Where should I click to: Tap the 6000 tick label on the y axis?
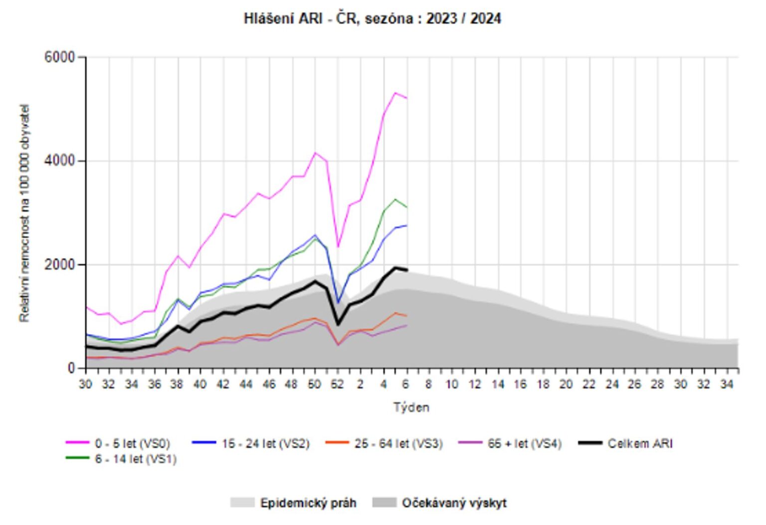click(x=59, y=57)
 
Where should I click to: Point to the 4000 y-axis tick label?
click(x=59, y=161)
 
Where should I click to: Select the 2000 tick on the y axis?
click(x=59, y=264)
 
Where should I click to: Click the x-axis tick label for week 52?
click(x=338, y=384)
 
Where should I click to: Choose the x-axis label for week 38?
click(x=177, y=384)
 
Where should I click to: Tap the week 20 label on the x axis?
click(x=566, y=384)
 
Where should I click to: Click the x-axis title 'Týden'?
click(x=411, y=407)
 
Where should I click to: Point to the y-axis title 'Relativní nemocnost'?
click(x=24, y=213)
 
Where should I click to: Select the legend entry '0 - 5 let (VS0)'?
click(x=132, y=443)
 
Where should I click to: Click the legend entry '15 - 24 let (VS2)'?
click(x=265, y=443)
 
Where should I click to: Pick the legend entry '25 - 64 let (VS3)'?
click(x=398, y=443)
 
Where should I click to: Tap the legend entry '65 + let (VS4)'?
click(x=525, y=443)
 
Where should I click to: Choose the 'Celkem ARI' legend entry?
click(x=640, y=443)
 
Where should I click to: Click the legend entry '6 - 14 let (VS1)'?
click(x=136, y=459)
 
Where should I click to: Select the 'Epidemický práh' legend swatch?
click(x=242, y=503)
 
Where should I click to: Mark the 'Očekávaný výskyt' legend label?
click(x=454, y=503)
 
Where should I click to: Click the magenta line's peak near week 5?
click(x=395, y=93)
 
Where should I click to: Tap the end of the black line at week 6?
click(x=407, y=270)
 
